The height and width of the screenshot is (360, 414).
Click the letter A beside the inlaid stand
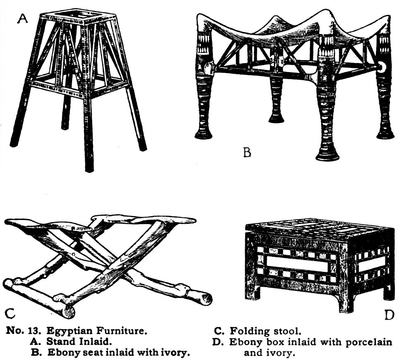(x=22, y=19)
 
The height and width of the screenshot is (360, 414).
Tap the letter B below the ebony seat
(x=247, y=153)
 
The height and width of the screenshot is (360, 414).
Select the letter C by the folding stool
(x=10, y=313)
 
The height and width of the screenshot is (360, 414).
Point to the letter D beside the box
(x=389, y=315)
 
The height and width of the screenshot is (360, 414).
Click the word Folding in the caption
(x=250, y=331)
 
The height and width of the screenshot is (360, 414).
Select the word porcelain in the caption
(x=369, y=342)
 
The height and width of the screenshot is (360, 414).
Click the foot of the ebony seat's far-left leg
(x=203, y=135)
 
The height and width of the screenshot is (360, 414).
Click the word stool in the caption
(x=287, y=331)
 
